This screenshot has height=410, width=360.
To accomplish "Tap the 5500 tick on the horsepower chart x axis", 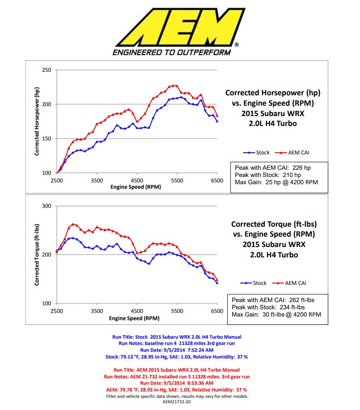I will click(177, 180).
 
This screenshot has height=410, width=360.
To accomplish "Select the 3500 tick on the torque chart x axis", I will click(97, 311).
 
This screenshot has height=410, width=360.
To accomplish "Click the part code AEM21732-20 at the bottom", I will click(177, 401).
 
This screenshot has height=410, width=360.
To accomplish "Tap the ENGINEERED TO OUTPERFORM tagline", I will click(171, 52).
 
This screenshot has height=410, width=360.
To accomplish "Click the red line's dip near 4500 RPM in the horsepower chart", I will click(136, 121).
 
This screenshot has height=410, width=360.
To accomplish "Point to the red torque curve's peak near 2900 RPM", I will click(74, 224).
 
